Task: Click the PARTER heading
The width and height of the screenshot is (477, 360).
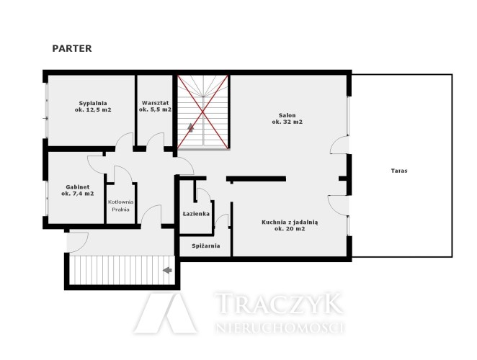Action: point(72,49)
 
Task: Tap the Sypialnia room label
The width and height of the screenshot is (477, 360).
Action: point(93,103)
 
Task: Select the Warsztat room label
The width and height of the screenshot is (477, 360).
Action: point(155,103)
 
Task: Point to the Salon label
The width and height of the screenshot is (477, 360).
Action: point(287,115)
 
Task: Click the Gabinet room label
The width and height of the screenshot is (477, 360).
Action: point(78,187)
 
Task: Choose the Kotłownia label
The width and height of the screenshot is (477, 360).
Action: point(121,202)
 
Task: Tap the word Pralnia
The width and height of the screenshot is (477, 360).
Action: point(121,210)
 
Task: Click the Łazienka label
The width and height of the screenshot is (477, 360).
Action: point(196,214)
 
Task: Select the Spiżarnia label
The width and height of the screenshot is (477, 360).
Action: point(206,246)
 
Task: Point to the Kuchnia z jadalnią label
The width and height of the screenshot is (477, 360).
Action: point(290,222)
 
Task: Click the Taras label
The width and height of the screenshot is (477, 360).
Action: point(399,171)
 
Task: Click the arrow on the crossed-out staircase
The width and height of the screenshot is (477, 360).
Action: point(191,127)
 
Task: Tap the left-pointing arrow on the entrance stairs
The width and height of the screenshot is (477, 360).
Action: point(167,270)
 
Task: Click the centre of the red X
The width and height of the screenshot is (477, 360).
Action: point(203,112)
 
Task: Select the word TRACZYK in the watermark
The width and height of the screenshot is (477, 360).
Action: point(279,303)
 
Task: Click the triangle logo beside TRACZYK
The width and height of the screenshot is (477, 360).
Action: point(166,313)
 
